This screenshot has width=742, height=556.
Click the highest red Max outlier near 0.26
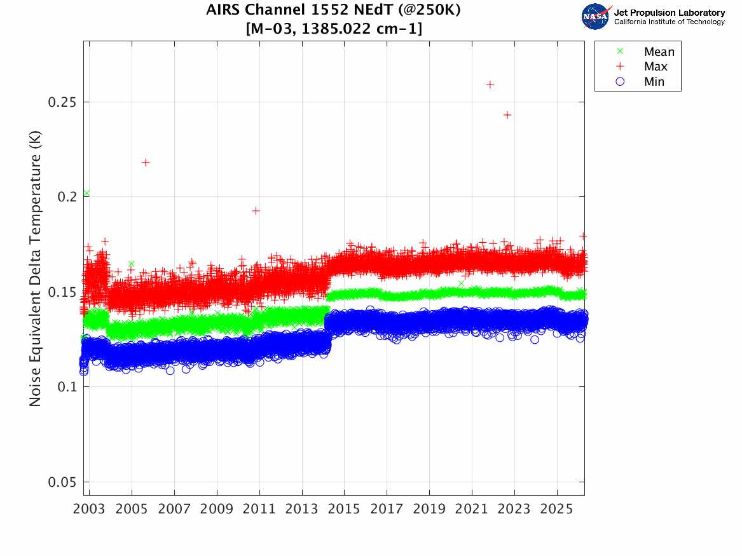(x=490, y=85)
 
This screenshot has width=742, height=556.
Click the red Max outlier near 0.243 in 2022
(x=507, y=115)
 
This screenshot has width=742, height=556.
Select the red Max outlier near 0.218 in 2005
(x=146, y=163)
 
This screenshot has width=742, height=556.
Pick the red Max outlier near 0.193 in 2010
(x=256, y=210)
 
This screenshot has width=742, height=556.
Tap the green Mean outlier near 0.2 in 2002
(x=86, y=193)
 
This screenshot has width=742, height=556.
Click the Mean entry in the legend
(x=658, y=52)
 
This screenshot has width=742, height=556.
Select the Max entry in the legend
(x=656, y=67)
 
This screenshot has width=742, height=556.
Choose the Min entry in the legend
(x=654, y=82)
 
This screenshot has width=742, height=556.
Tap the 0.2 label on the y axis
(x=65, y=197)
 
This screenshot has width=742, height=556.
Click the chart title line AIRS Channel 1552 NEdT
(x=334, y=11)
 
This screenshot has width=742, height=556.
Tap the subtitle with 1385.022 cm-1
(x=334, y=29)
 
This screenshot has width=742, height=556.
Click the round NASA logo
(x=596, y=17)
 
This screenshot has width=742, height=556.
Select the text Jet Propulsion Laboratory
(x=670, y=13)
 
